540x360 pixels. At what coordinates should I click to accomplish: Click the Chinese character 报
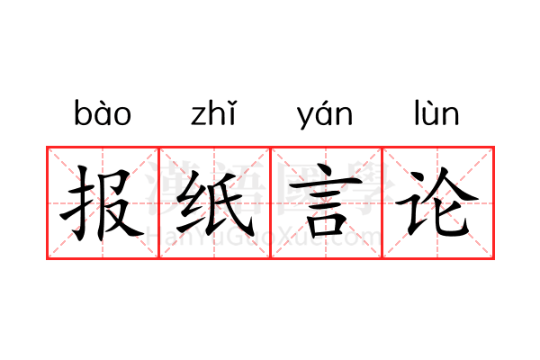click(102, 203)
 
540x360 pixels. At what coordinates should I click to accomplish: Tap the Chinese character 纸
click(215, 203)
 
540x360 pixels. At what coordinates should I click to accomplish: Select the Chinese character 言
click(326, 201)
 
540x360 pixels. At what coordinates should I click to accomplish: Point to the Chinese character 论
click(436, 202)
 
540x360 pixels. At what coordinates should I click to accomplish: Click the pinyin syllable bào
click(103, 112)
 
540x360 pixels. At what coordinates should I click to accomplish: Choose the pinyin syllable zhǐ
click(214, 112)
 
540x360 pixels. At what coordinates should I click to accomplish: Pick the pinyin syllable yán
click(325, 115)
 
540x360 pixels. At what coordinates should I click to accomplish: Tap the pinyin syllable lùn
click(436, 112)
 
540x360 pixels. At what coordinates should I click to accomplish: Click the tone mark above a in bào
click(101, 103)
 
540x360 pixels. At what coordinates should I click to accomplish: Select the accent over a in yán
click(327, 103)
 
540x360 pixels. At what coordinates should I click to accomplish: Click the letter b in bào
click(81, 112)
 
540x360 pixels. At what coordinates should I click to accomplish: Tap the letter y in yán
click(304, 118)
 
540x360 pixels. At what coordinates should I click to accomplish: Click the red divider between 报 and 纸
click(158, 202)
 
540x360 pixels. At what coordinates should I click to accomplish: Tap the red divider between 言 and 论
click(382, 202)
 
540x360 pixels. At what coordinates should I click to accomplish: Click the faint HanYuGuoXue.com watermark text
click(264, 237)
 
